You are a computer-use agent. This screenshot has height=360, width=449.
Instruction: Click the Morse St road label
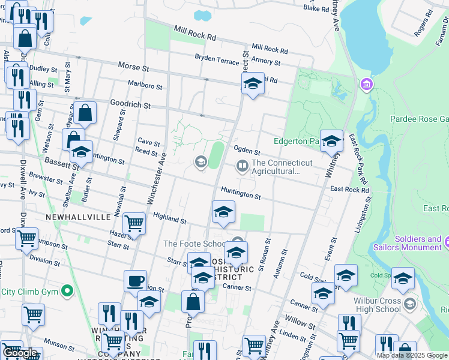coord(133,67)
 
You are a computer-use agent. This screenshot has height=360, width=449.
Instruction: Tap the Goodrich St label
coord(129,104)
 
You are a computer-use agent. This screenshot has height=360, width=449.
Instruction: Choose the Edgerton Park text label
coord(295,142)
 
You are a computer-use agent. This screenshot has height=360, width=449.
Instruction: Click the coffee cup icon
coord(135,280)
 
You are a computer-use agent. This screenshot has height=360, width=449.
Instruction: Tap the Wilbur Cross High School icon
coord(409,304)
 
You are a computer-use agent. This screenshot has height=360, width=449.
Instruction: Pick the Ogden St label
coord(247,151)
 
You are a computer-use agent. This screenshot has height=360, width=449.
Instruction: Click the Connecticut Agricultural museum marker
coord(243,165)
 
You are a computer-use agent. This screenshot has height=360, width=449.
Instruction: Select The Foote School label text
coord(194,244)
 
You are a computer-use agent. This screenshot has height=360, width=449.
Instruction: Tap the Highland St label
coord(169,219)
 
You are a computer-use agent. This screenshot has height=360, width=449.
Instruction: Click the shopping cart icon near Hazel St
coord(135,223)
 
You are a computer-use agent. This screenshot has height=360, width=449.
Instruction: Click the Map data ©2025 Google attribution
coord(412,355)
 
